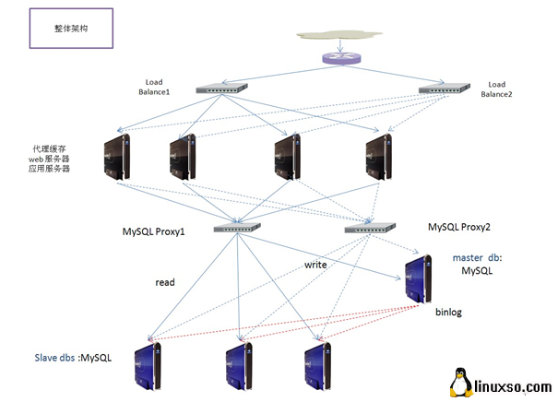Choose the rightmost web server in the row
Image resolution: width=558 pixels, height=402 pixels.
pyautogui.click(x=379, y=152)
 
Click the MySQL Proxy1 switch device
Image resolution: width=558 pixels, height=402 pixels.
pyautogui.click(x=238, y=227)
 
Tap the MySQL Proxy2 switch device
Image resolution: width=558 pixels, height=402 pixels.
pyautogui.click(x=369, y=226)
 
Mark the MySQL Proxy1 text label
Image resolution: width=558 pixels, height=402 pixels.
pyautogui.click(x=154, y=231)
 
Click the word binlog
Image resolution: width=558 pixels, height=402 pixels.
pyautogui.click(x=448, y=313)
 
